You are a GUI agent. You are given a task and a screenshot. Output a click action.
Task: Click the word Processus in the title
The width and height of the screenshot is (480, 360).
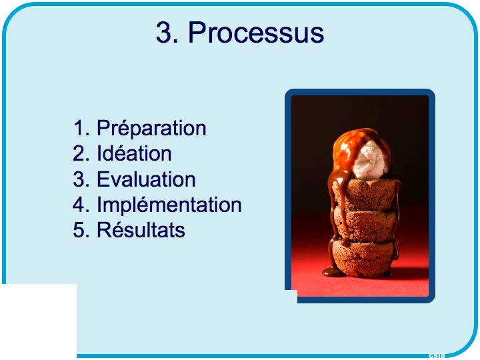256,33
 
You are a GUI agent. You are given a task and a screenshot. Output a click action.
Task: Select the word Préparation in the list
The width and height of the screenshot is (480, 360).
151,128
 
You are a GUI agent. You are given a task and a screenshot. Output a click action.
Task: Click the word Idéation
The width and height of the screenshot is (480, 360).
134,153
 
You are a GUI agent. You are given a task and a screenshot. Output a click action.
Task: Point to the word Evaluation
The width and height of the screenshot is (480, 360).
146,179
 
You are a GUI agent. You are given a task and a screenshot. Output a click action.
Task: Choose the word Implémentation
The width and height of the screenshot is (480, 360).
169,205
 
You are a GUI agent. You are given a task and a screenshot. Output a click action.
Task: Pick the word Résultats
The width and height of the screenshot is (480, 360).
141,229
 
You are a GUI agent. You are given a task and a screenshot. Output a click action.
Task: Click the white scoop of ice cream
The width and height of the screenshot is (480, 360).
371,160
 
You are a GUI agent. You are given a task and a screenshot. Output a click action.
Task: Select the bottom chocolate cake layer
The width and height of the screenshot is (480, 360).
363,258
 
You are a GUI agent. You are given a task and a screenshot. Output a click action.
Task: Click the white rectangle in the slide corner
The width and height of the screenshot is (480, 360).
39,321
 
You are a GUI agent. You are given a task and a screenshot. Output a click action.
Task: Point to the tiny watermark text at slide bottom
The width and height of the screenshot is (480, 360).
437,356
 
